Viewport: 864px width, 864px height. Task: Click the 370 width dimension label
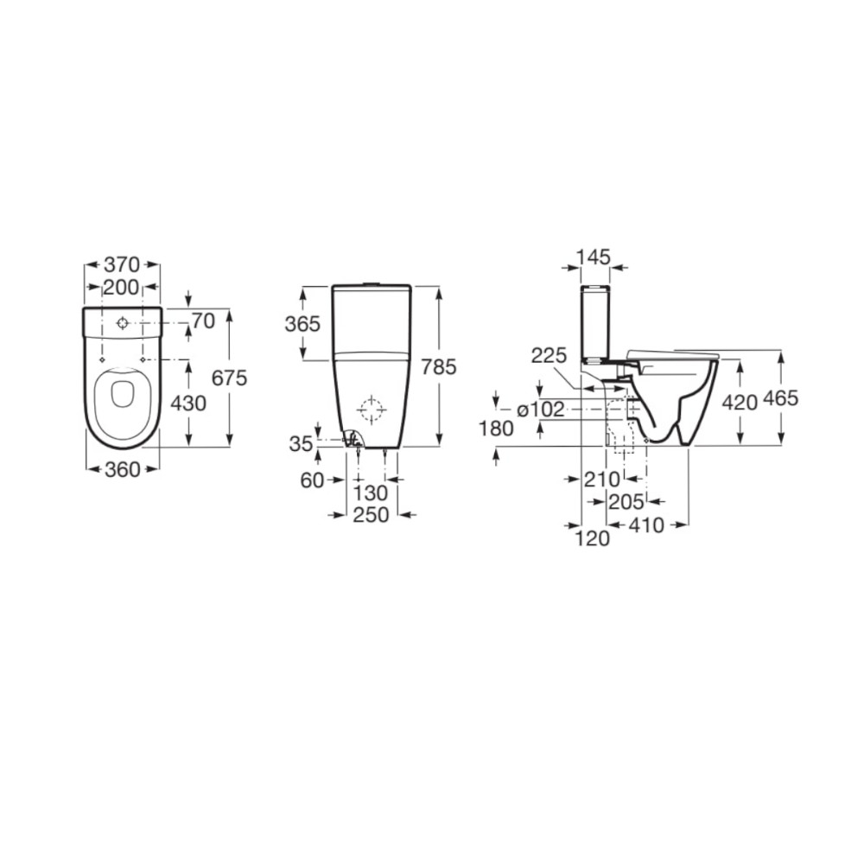(122, 265)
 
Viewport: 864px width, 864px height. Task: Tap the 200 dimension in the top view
(121, 287)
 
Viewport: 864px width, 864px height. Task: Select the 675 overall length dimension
(229, 378)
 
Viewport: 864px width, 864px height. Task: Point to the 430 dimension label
(188, 403)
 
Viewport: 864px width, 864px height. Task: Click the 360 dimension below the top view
(123, 469)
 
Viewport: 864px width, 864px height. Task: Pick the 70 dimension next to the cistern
(203, 321)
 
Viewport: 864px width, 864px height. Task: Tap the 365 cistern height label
(302, 324)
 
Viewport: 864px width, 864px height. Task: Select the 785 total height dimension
(439, 366)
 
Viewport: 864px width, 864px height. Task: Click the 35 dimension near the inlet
(301, 443)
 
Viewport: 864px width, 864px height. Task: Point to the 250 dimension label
(371, 515)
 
